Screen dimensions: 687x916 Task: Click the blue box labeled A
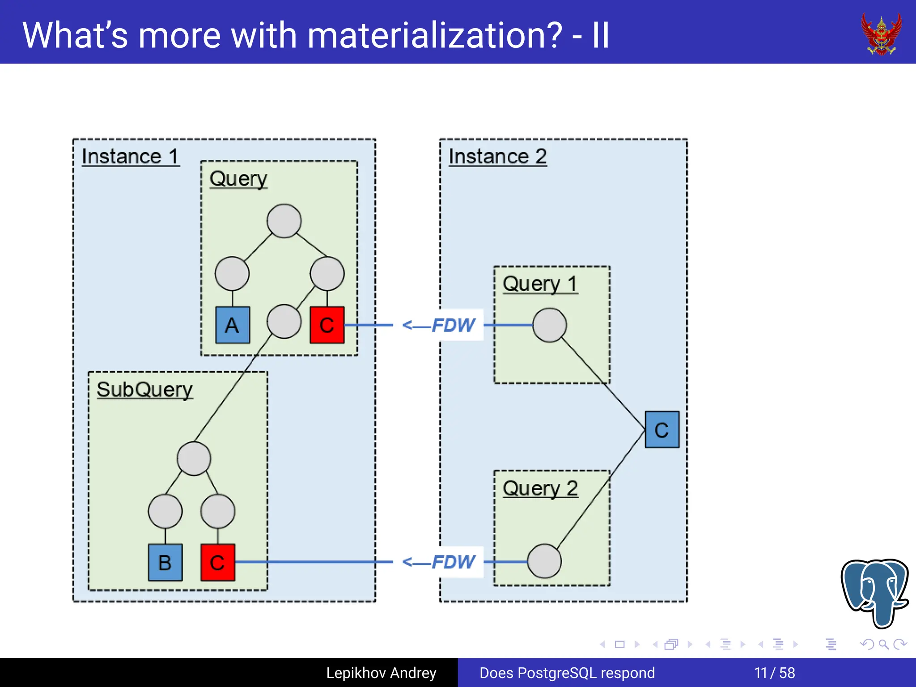click(x=232, y=325)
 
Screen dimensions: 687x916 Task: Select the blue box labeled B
click(x=165, y=562)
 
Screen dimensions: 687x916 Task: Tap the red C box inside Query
click(x=327, y=325)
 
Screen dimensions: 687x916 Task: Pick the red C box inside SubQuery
click(x=217, y=562)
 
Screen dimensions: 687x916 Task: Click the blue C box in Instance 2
click(x=662, y=430)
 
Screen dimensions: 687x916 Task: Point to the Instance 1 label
click(x=130, y=157)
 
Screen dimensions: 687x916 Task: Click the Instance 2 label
click(x=497, y=157)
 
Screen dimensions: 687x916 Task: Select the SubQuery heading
click(x=144, y=390)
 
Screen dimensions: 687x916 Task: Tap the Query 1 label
click(x=540, y=284)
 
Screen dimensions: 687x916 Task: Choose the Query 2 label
click(x=540, y=488)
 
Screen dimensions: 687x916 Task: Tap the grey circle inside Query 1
click(x=549, y=325)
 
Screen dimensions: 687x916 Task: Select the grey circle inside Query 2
click(x=544, y=561)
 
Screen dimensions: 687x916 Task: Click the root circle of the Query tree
click(x=284, y=221)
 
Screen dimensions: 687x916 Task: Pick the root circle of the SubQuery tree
click(x=194, y=458)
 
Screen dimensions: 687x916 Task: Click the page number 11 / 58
click(x=774, y=673)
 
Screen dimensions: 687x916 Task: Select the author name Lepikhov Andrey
click(x=381, y=673)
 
